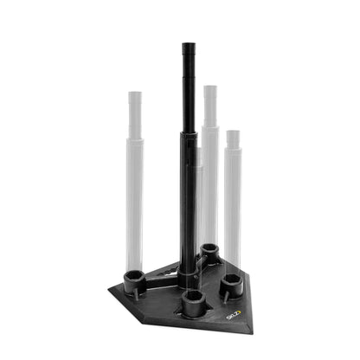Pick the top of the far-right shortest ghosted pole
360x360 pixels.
(233, 133)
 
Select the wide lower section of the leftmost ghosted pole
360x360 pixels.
(134, 208)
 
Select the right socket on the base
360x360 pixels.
(230, 282)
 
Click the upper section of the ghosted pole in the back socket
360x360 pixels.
(209, 108)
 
